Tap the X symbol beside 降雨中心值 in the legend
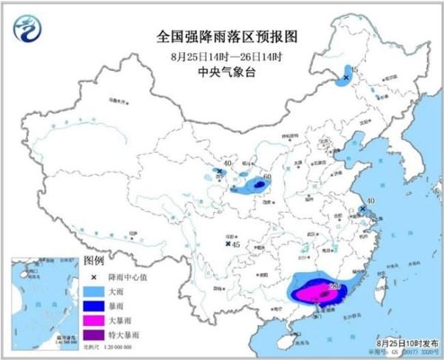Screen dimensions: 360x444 (x=94, y=276)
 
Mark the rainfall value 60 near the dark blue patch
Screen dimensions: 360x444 (x=267, y=177)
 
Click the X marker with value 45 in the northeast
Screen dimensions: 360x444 (x=346, y=76)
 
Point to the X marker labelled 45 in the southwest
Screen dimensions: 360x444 (x=228, y=244)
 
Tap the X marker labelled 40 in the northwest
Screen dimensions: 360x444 (x=220, y=171)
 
